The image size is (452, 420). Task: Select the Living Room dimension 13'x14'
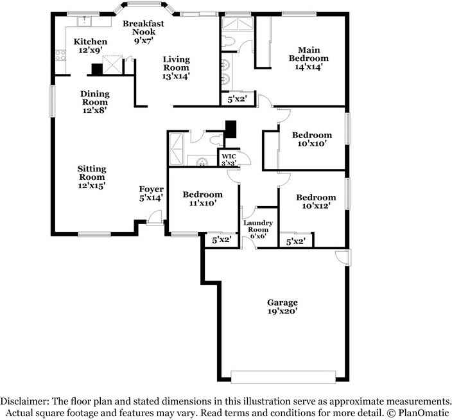(x=176, y=76)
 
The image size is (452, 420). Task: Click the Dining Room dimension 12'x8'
(x=95, y=110)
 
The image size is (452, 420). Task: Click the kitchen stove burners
(x=60, y=55)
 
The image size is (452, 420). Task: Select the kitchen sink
(x=84, y=21)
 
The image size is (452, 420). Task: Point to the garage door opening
(x=283, y=377)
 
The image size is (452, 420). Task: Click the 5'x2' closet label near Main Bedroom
(x=238, y=100)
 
